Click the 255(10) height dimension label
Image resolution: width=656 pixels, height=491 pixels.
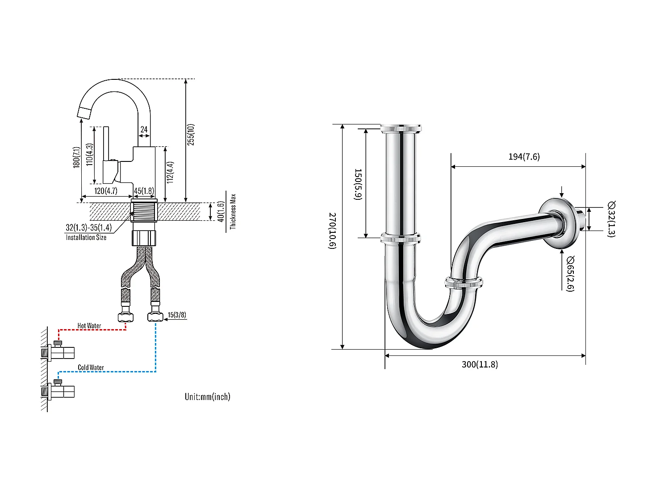tap(191, 134)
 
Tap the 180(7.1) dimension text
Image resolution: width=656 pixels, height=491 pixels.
tap(76, 157)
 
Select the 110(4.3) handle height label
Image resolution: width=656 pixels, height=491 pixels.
tap(89, 154)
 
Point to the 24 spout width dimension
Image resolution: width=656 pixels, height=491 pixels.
tap(144, 129)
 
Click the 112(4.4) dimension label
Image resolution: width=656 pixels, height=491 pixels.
tap(170, 172)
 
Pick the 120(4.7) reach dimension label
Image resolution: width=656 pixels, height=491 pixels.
tap(106, 191)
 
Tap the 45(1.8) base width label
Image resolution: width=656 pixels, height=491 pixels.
tap(144, 191)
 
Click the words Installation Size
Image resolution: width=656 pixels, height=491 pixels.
tap(86, 238)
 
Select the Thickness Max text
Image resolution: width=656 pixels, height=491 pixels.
tap(233, 211)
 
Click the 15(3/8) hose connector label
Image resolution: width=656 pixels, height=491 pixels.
tap(177, 315)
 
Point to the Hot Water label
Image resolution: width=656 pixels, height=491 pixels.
tap(89, 326)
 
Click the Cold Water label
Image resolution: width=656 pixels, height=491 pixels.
tap(91, 367)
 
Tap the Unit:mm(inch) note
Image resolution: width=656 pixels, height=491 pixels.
tap(208, 396)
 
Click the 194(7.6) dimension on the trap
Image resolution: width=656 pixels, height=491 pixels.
tap(524, 157)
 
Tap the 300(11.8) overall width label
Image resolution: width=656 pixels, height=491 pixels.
tap(480, 364)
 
